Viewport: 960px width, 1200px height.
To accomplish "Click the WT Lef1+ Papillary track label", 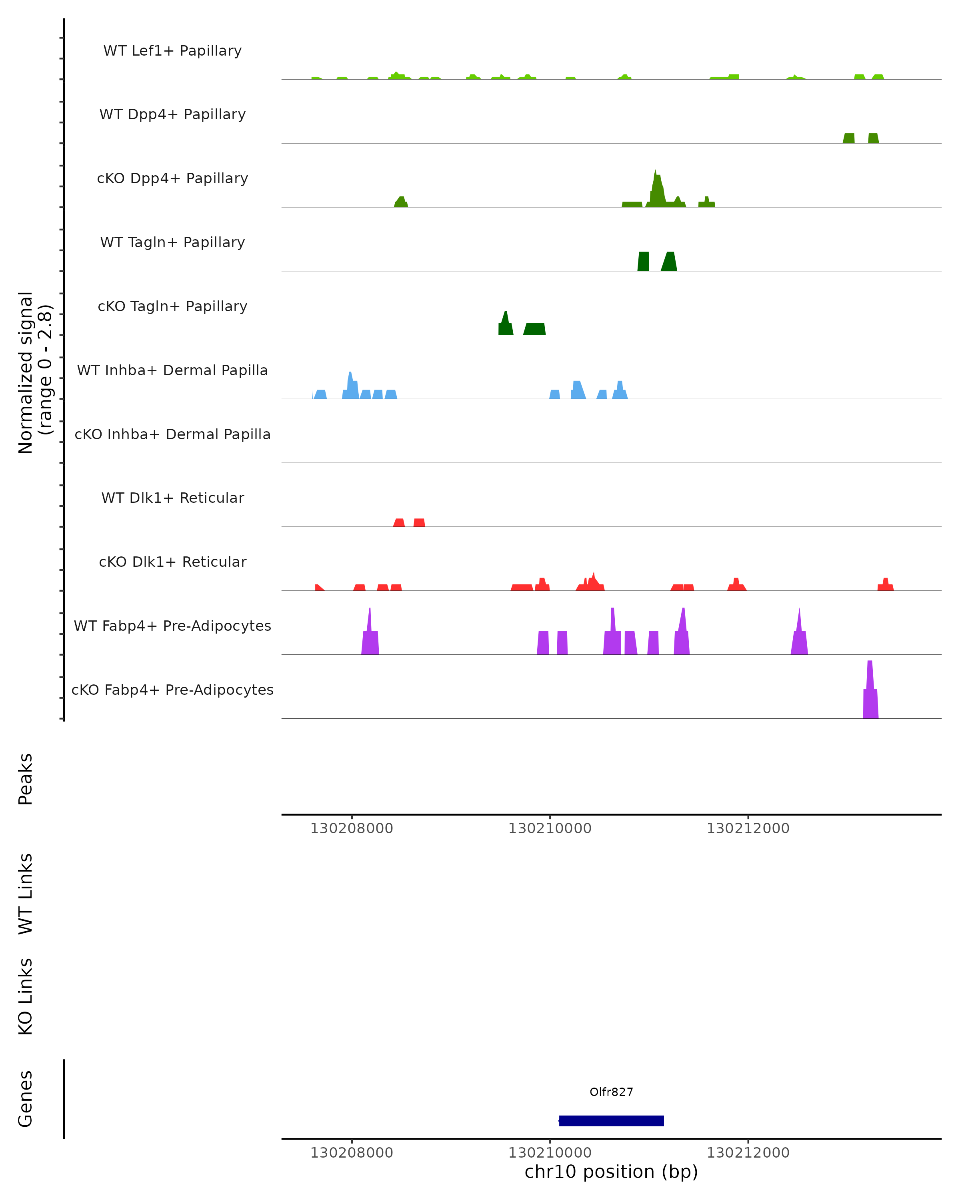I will pos(172,51).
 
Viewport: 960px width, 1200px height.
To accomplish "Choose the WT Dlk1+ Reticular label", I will pos(172,498).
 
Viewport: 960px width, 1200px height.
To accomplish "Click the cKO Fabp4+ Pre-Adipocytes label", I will pos(172,690).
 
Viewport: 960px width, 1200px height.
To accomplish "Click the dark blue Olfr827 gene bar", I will pos(611,1120).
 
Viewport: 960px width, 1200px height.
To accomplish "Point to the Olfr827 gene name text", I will pos(611,1092).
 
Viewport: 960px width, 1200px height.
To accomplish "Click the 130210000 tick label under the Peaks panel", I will pos(550,828).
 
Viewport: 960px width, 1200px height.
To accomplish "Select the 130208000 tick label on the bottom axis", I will pos(352,1153).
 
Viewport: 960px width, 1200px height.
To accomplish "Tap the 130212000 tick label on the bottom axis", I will pos(748,1153).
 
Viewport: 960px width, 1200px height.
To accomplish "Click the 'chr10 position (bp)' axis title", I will pos(611,1172).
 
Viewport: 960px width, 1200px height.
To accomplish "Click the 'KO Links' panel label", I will pos(26,996).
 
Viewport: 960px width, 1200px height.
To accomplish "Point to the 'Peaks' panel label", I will pos(26,779).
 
